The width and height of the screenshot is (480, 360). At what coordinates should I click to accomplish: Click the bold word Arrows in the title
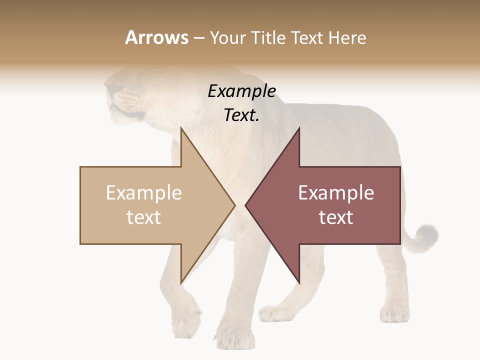tap(156, 37)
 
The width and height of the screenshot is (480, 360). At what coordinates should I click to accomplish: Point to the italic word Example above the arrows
tap(241, 91)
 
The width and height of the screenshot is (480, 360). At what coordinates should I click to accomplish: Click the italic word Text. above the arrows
tap(241, 115)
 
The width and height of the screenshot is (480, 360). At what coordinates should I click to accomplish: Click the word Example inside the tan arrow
tap(144, 193)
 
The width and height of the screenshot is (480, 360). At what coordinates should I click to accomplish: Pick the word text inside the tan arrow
tap(144, 217)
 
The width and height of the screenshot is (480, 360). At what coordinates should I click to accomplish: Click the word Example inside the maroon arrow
tap(336, 193)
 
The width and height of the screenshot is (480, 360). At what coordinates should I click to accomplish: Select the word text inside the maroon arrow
tap(336, 217)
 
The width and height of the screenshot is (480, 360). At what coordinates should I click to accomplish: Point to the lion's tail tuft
tap(426, 236)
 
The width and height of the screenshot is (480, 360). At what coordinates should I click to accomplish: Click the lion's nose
tap(109, 90)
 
